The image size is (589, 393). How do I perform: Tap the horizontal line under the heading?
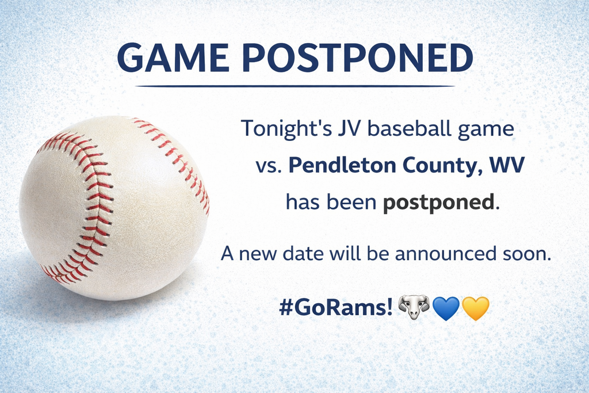(295, 86)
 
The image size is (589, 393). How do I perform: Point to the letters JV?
(345, 128)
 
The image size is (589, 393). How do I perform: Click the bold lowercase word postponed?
(438, 203)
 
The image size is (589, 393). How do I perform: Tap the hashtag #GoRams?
(335, 307)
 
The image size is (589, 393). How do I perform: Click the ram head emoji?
(414, 308)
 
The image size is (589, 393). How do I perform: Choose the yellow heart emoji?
(475, 308)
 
